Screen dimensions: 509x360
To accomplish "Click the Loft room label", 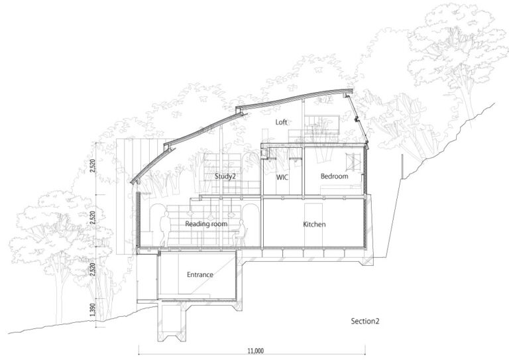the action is click(281, 122).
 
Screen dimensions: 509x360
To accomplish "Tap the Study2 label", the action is click(225, 176).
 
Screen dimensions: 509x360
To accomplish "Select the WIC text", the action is click(282, 178).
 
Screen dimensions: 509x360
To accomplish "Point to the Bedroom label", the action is click(334, 176).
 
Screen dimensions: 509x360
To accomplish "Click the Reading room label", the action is click(206, 224).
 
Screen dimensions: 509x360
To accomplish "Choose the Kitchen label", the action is click(314, 224).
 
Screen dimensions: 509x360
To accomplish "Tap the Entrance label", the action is click(200, 274).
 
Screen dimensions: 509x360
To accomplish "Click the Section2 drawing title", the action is click(365, 321).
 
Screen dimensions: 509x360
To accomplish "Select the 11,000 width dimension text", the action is click(256, 351).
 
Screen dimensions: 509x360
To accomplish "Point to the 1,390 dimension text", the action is click(93, 311).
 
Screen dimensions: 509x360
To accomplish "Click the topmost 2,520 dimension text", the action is click(93, 166).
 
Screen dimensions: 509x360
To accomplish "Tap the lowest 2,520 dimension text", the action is click(93, 269).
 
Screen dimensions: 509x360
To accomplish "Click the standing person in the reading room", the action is click(164, 229).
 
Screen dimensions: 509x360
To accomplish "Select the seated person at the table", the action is click(241, 232).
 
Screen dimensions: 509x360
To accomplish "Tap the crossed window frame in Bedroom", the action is click(353, 162).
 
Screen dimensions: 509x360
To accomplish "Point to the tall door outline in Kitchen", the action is click(313, 225).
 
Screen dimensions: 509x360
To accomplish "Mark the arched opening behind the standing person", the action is click(158, 225).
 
